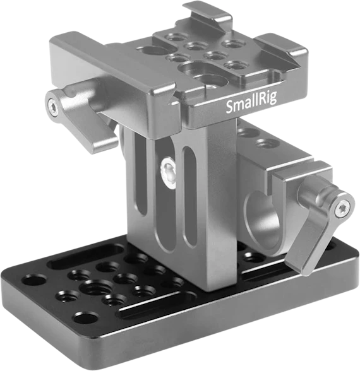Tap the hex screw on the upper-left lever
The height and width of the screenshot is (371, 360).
pos(53,109)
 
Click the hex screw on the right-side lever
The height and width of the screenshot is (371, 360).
pos(342,208)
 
